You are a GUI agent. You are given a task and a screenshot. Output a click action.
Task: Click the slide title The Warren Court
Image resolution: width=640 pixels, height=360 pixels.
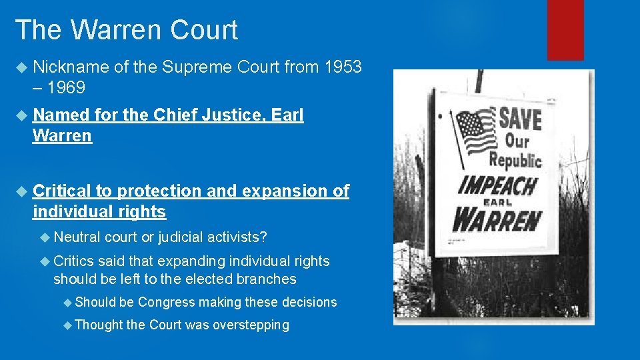click(126, 31)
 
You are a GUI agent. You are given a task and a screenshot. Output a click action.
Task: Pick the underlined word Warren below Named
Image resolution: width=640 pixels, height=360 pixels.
click(62, 136)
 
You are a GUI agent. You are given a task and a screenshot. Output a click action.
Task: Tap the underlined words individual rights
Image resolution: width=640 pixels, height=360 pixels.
click(99, 212)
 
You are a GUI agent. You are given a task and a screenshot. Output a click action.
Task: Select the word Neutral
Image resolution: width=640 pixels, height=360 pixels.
click(77, 237)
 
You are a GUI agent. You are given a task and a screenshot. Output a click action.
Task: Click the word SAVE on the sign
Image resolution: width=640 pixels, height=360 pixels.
click(520, 119)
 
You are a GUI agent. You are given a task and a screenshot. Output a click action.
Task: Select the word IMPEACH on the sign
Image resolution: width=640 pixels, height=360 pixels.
click(497, 185)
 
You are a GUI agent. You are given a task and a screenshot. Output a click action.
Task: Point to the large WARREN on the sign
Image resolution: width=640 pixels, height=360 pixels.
click(497, 219)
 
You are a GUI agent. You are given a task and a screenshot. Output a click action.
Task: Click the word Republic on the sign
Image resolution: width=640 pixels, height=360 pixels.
click(515, 160)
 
